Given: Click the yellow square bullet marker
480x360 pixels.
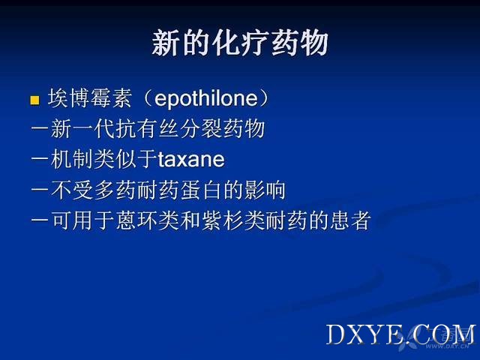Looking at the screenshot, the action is click(35, 100).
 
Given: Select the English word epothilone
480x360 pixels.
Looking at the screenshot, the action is click(206, 98).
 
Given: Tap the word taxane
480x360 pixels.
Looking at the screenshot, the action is click(191, 159).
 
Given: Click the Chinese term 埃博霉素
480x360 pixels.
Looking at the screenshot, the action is click(90, 98).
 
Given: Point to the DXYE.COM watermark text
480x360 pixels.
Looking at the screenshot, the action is click(400, 334).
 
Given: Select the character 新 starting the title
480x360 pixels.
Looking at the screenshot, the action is click(166, 43).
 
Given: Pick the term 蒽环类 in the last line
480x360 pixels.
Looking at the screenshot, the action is click(147, 220).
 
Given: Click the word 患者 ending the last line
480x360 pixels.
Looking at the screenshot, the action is click(351, 220).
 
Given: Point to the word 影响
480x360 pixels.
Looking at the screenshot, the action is click(265, 190).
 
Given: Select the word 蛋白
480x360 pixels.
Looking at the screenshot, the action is click(201, 190).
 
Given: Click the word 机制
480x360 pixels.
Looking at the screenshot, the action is click(72, 159).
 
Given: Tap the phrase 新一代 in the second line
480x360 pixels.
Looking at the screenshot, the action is click(82, 128).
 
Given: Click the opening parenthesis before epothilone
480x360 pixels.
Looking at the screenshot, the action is click(147, 98).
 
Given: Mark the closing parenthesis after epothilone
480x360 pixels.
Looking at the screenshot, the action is click(264, 98).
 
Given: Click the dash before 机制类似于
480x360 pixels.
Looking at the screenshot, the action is click(40, 159).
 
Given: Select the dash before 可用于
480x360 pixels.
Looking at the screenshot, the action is click(40, 220).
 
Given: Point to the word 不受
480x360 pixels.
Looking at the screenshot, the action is click(72, 190).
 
